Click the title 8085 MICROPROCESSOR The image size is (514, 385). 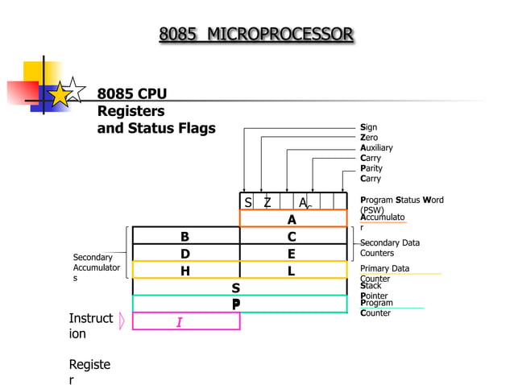256,34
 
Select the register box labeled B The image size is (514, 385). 185,236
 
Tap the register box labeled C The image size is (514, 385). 292,236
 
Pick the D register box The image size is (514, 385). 185,254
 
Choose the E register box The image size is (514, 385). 292,254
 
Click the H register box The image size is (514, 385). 185,271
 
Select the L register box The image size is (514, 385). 292,271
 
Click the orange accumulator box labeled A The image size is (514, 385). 292,219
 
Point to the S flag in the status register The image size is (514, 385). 248,202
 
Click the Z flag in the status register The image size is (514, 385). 267,202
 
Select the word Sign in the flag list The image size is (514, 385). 368,127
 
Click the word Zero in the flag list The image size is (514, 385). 369,138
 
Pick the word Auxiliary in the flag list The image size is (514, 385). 376,148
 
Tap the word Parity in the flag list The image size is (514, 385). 371,168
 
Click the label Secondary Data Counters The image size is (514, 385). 389,247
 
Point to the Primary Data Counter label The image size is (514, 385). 384,273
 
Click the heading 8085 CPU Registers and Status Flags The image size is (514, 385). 155,111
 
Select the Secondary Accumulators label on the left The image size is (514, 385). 96,267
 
